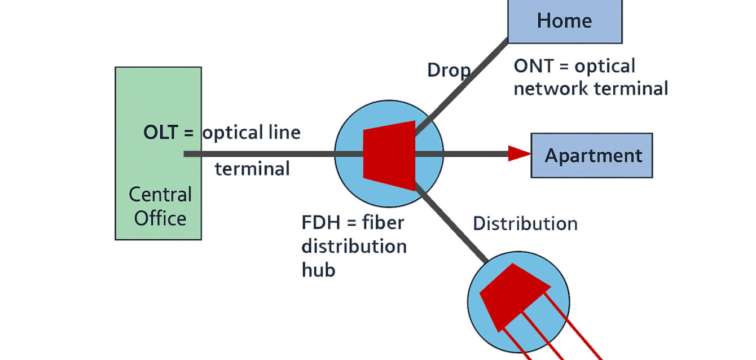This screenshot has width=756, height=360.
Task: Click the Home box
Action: point(565,21)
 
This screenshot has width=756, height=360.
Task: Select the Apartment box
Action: point(592,156)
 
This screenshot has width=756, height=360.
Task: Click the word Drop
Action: point(448,70)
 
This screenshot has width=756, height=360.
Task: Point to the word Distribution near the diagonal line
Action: point(525,223)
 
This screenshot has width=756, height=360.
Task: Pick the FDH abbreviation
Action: point(320,222)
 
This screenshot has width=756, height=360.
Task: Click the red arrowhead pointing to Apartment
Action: point(519,153)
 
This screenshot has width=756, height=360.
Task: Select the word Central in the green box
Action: point(160,195)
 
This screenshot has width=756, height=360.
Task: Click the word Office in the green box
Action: point(160,218)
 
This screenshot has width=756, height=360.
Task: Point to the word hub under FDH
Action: point(318,270)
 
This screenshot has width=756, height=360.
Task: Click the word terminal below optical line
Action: point(252,168)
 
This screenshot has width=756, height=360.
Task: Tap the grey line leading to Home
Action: point(463,85)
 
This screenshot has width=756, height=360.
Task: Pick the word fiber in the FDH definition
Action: point(384,222)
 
